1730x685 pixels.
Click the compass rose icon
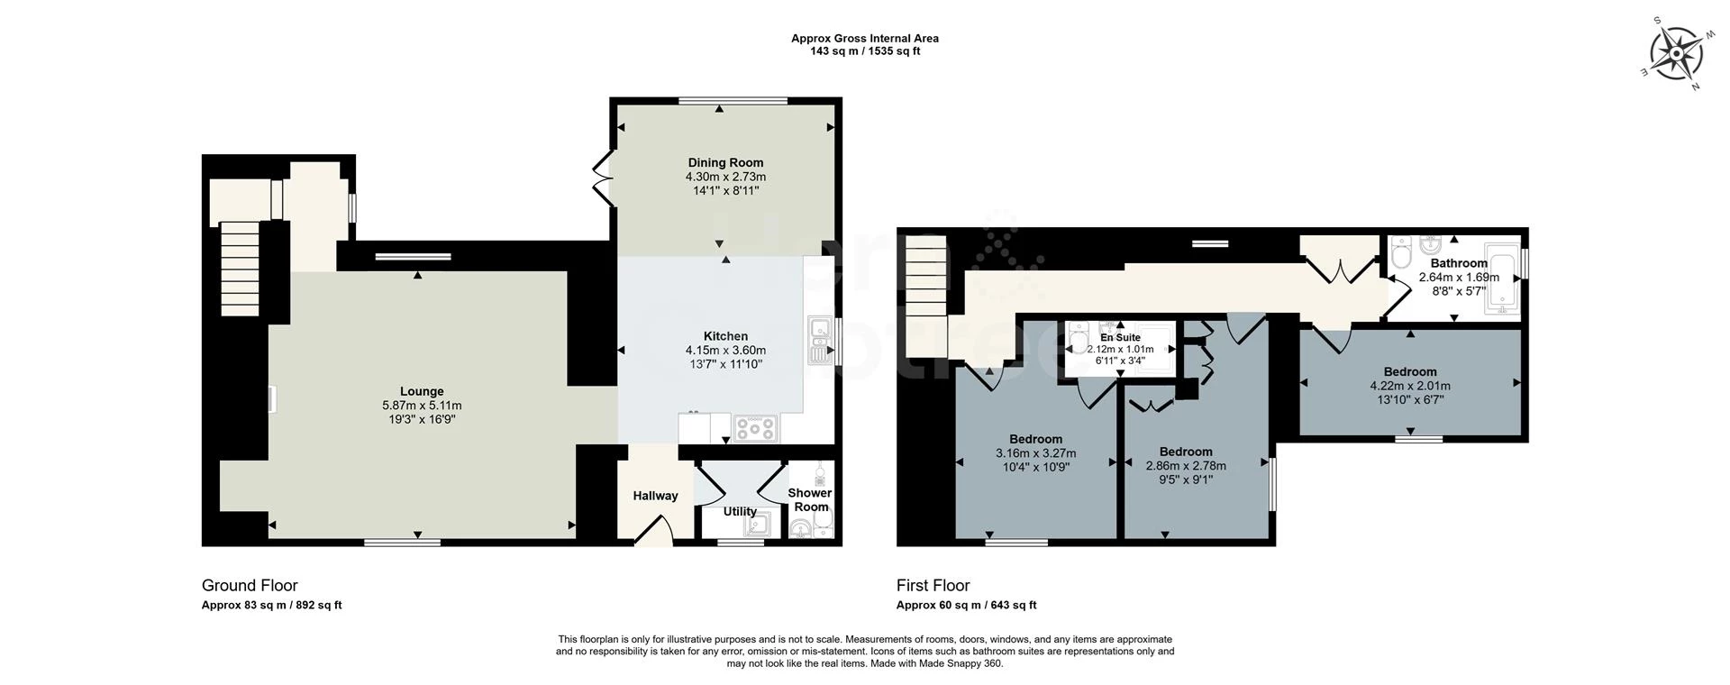(x=1675, y=53)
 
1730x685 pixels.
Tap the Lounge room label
(x=422, y=391)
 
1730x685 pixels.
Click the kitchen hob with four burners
(x=754, y=429)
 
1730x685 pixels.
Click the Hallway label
(x=655, y=496)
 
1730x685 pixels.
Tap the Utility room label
(x=740, y=511)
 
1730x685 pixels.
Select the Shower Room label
(x=810, y=499)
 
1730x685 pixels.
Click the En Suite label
(x=1120, y=337)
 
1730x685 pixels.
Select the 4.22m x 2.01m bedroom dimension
(x=1410, y=386)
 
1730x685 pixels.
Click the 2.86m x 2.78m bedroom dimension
(x=1186, y=466)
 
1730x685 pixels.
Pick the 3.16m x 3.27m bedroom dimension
(x=1035, y=453)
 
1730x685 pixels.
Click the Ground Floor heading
(x=250, y=586)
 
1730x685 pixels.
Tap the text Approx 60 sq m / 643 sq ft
(x=966, y=606)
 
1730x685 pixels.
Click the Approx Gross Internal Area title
(x=864, y=39)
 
